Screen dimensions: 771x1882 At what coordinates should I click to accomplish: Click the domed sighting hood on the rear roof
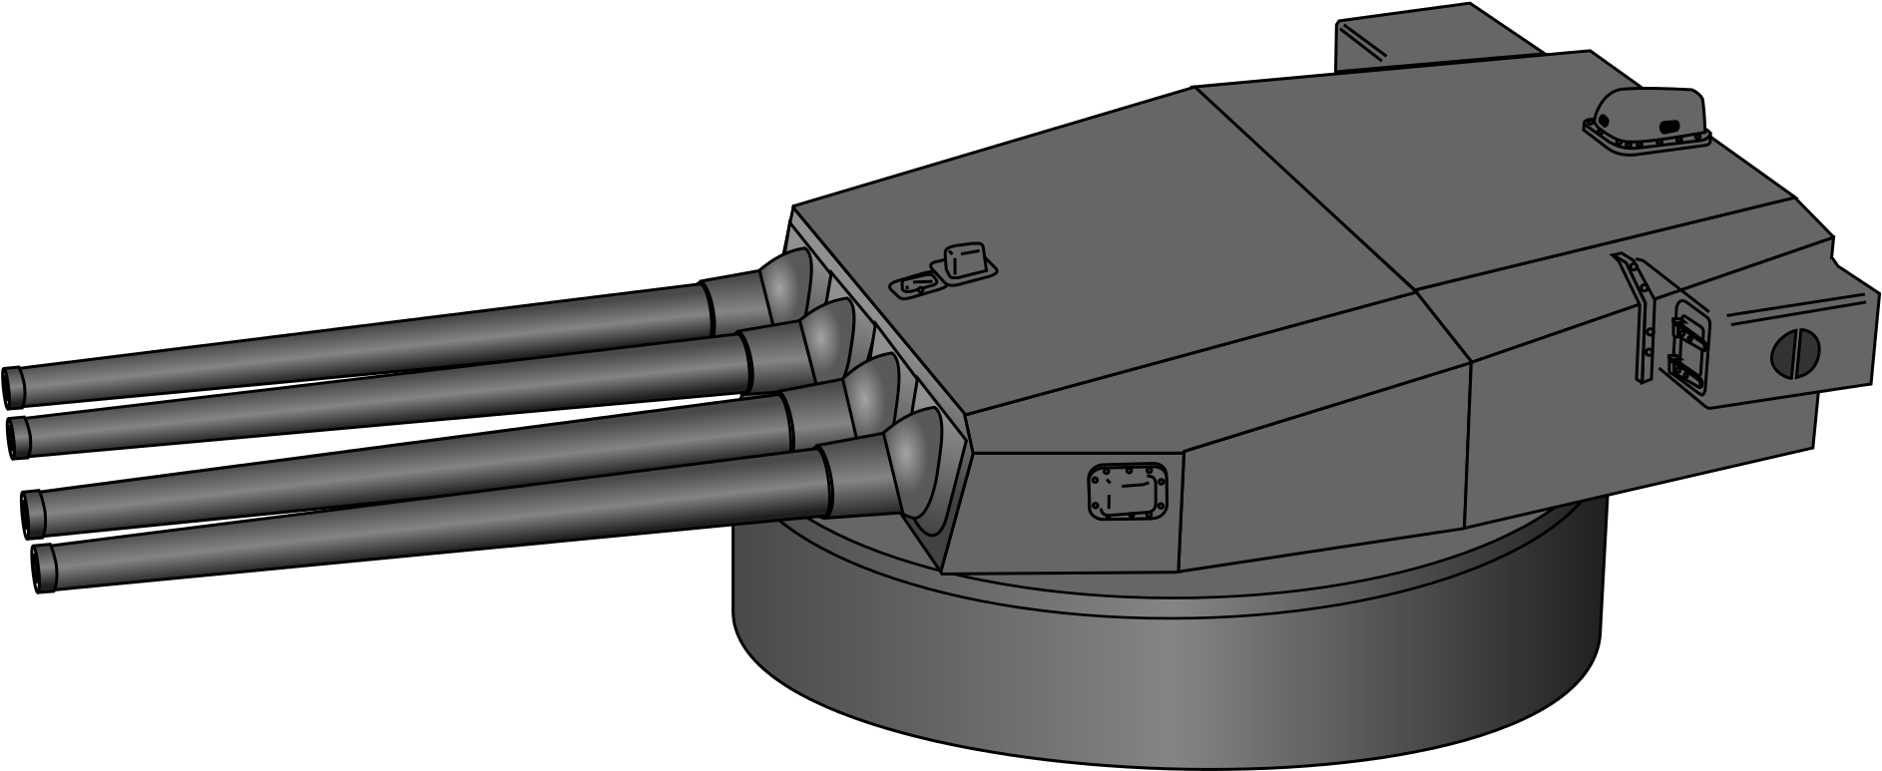(x=1647, y=120)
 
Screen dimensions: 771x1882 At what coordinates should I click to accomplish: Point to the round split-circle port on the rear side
(x=1793, y=353)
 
